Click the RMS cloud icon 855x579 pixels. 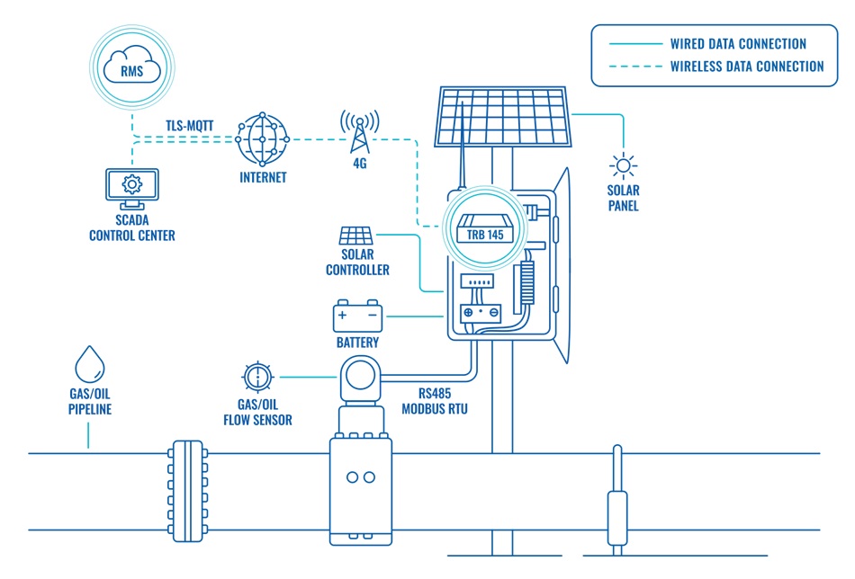[131, 67]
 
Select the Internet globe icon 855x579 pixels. [263, 139]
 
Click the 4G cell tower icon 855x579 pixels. [359, 133]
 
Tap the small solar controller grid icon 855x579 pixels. [357, 236]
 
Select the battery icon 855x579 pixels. [357, 316]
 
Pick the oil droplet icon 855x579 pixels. [88, 364]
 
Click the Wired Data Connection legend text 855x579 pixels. [738, 43]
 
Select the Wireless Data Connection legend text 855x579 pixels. [747, 66]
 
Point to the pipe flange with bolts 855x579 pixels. [187, 490]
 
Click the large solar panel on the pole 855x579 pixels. [504, 117]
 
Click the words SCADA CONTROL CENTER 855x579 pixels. [131, 228]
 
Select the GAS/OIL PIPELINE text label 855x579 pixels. [88, 402]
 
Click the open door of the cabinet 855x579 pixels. [562, 270]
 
